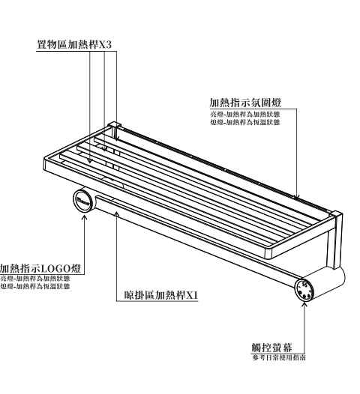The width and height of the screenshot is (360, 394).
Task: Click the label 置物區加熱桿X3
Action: (74, 44)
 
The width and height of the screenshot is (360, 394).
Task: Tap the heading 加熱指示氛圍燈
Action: (245, 103)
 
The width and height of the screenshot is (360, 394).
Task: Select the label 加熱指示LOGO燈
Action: (40, 268)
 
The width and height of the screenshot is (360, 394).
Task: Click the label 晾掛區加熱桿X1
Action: (161, 295)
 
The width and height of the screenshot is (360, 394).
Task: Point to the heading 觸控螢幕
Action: (272, 348)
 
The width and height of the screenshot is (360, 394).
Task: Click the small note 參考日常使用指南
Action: (279, 357)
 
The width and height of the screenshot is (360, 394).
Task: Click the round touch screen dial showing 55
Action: (304, 289)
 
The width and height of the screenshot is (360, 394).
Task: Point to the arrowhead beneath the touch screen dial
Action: (304, 305)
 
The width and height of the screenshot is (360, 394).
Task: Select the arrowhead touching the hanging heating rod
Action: (116, 213)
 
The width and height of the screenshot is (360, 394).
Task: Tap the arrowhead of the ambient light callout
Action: (297, 197)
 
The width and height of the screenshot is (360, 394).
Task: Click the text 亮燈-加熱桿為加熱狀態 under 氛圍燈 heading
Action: (245, 115)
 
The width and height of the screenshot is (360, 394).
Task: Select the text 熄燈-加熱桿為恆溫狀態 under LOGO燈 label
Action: (35, 286)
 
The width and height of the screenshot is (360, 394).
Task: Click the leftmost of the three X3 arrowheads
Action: (90, 161)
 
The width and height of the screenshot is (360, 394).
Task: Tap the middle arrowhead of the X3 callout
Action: (105, 149)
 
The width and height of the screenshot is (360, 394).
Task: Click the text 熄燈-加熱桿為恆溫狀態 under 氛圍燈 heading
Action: (245, 122)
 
